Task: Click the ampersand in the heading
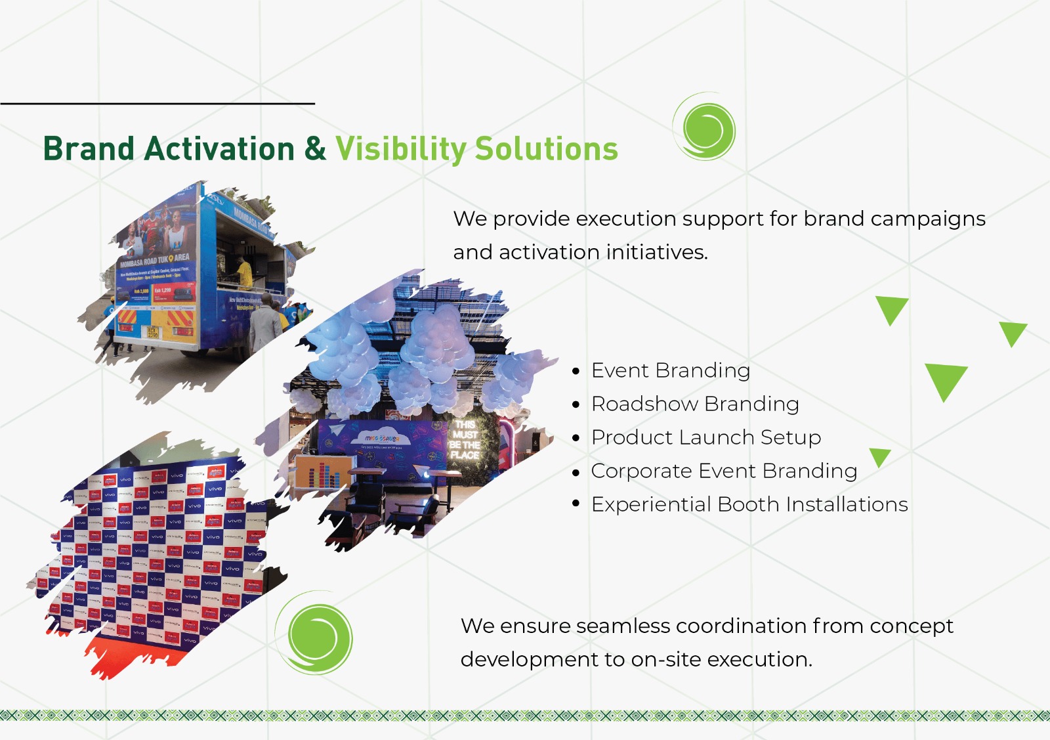pos(315,148)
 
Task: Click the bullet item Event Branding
pos(670,370)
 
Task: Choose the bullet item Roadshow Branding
pos(694,404)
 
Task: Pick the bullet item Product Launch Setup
pos(705,437)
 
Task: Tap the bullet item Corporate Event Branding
pos(723,471)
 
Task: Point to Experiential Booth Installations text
pos(749,504)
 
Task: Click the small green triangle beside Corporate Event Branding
pos(879,456)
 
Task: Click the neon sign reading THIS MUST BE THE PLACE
pos(465,440)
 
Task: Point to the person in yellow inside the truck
pos(244,272)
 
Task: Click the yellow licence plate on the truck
pos(152,332)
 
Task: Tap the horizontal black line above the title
pos(157,103)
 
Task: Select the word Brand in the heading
pos(89,149)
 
